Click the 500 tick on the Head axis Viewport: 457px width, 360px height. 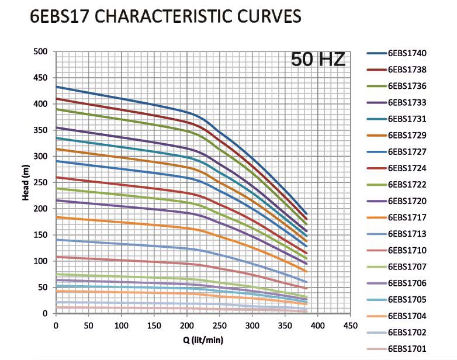tap(40, 51)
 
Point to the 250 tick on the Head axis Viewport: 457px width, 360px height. tap(40, 182)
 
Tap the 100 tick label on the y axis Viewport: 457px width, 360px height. tap(40, 261)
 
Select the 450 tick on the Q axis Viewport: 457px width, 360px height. tap(351, 325)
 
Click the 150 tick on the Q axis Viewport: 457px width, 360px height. tap(154, 325)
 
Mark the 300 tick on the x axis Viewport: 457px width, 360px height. tap(252, 325)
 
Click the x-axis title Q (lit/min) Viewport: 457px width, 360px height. tap(199, 340)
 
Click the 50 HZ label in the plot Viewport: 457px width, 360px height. tap(318, 60)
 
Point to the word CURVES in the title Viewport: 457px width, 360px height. tap(268, 18)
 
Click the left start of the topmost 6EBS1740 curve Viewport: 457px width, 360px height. tap(57, 86)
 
